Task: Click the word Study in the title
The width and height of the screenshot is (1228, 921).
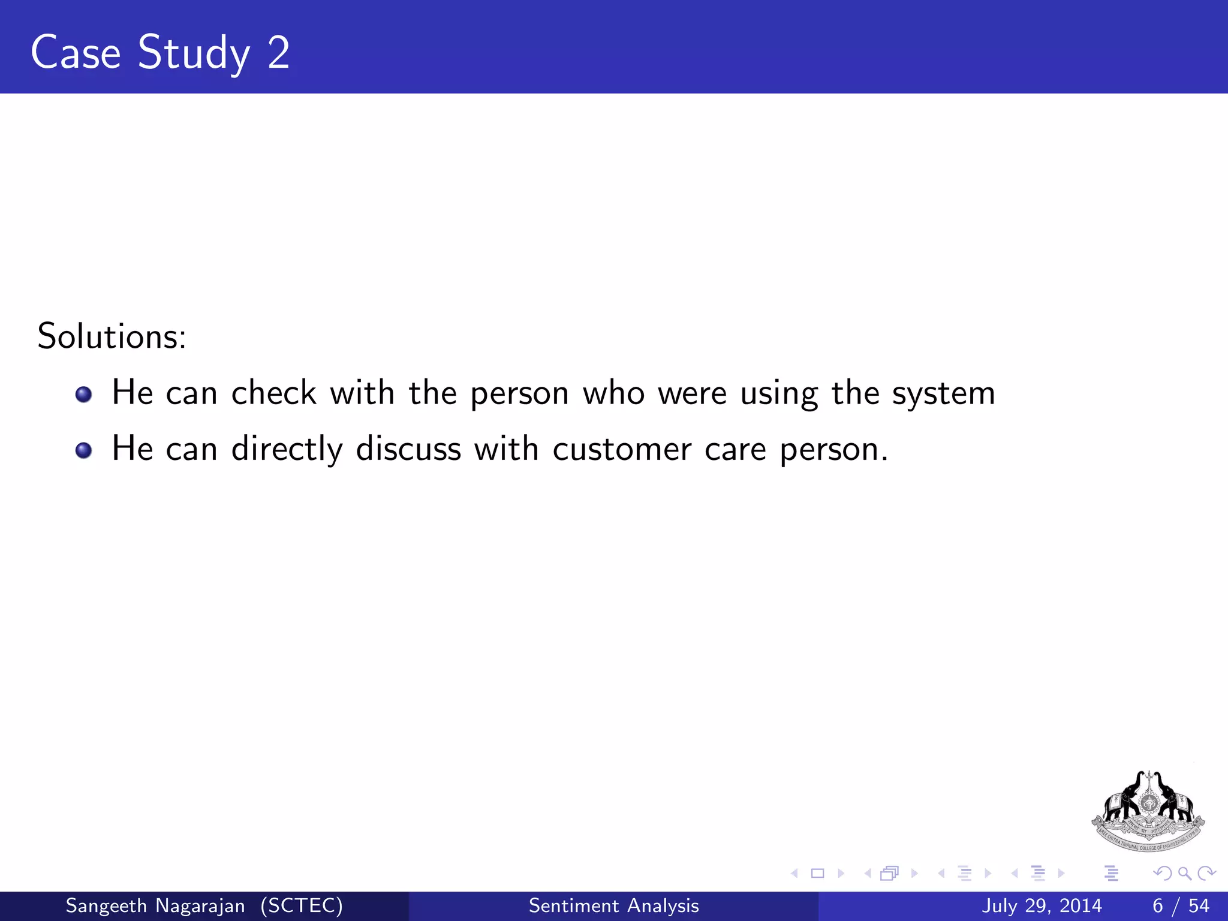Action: point(194,53)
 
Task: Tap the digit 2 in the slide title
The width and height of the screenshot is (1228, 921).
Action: point(279,53)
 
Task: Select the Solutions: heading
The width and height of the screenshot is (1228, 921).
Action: point(112,336)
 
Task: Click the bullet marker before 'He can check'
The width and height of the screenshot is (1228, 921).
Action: point(84,395)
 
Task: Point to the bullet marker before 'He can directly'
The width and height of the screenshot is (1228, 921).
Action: point(84,450)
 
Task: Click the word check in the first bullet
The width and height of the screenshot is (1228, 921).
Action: point(273,393)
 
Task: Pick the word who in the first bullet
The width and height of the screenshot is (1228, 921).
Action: point(613,393)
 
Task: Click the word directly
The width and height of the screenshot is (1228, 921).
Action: point(287,450)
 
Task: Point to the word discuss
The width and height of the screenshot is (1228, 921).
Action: point(408,449)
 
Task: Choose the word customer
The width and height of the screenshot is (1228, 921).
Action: point(622,450)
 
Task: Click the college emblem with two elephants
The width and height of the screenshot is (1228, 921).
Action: point(1148,811)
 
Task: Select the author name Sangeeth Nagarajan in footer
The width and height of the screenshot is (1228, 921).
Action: point(155,905)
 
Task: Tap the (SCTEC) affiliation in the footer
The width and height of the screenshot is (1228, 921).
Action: point(302,905)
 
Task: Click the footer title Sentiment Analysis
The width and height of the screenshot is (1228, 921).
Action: point(613,905)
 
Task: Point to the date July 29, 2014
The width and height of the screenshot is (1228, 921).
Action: point(1042,905)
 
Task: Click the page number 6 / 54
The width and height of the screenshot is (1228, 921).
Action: point(1180,905)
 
